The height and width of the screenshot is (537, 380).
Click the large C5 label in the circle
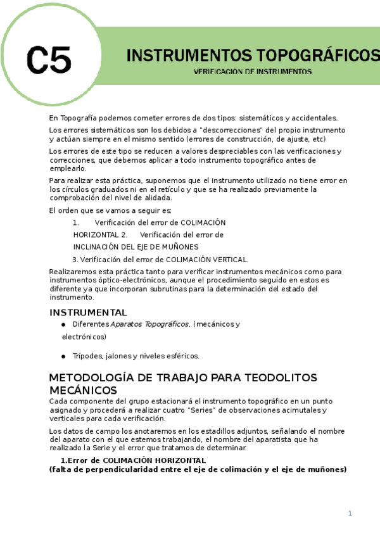point(49,60)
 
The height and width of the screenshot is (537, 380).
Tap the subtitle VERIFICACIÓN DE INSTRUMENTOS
point(252,72)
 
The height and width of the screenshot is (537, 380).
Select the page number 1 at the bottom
point(350,513)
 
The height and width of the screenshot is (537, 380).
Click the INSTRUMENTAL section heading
point(88,312)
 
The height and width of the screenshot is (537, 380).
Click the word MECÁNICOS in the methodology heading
point(83,390)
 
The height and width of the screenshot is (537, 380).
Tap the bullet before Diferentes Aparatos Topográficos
point(63,324)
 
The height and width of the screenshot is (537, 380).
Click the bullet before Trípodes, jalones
point(63,355)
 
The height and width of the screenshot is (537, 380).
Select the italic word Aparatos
point(127,324)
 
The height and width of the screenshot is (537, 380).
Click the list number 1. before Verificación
point(75,222)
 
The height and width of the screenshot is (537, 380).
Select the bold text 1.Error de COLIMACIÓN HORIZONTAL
point(133,460)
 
